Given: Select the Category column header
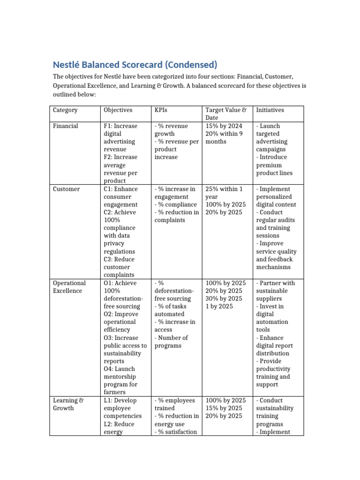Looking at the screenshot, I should (65, 110).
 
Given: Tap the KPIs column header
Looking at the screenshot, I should (161, 110).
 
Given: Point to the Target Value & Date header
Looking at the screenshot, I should (225, 114).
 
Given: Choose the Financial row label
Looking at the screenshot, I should (66, 126).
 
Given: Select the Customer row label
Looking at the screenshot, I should (67, 189).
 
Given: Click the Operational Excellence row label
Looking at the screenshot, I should (69, 287).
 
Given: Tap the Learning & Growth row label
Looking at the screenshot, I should (68, 404).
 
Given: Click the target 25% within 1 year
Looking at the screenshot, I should (224, 193).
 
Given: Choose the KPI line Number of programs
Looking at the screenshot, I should (171, 342).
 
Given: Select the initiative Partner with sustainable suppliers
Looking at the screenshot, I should (275, 291).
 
